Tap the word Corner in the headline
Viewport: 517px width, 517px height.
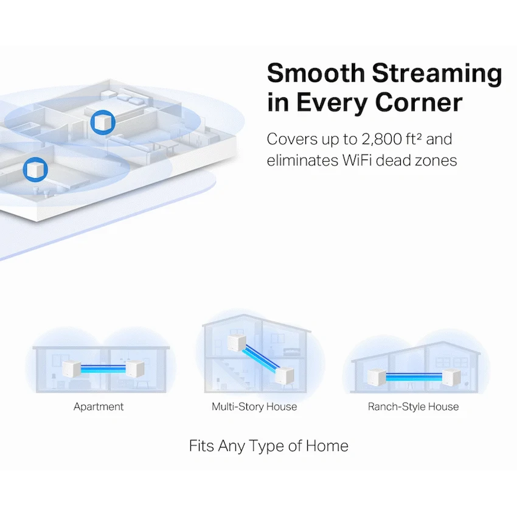pyautogui.click(x=418, y=103)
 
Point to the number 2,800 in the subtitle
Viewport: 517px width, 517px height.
pyautogui.click(x=382, y=139)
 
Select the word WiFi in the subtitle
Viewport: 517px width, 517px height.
pyautogui.click(x=357, y=161)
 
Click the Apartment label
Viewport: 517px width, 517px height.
pyautogui.click(x=99, y=407)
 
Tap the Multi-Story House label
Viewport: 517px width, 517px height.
pyautogui.click(x=254, y=407)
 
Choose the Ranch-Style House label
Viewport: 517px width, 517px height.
pyautogui.click(x=413, y=407)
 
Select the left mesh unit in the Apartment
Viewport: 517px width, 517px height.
pyautogui.click(x=72, y=369)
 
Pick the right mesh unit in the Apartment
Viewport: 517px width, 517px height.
pyautogui.click(x=135, y=369)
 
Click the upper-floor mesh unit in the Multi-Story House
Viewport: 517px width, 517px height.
pyautogui.click(x=237, y=344)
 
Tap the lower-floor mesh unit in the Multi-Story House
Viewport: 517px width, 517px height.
pyautogui.click(x=284, y=375)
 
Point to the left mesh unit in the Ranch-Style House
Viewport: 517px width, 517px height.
pyautogui.click(x=377, y=378)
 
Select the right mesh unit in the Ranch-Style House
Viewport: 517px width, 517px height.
pyautogui.click(x=451, y=378)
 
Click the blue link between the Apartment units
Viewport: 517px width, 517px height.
pyautogui.click(x=103, y=369)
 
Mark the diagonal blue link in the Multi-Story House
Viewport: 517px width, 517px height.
pyautogui.click(x=260, y=359)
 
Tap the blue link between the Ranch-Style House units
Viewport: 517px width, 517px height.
pyautogui.click(x=414, y=377)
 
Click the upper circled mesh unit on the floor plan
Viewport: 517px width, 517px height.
pyautogui.click(x=103, y=122)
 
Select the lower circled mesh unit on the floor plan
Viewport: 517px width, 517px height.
pyautogui.click(x=35, y=170)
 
